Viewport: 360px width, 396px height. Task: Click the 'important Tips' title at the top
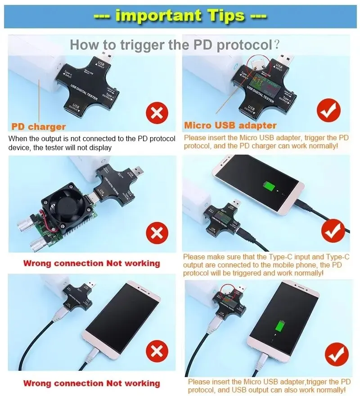[180, 16]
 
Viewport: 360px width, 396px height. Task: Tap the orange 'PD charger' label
[38, 127]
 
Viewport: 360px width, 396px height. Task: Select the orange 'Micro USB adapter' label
[230, 125]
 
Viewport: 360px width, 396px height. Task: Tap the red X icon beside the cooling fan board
[156, 233]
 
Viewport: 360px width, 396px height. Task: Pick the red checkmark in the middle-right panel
[333, 231]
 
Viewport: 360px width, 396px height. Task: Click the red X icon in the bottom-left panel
[156, 353]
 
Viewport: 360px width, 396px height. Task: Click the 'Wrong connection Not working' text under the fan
[91, 263]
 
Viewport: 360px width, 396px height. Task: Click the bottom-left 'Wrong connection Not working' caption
[91, 383]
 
